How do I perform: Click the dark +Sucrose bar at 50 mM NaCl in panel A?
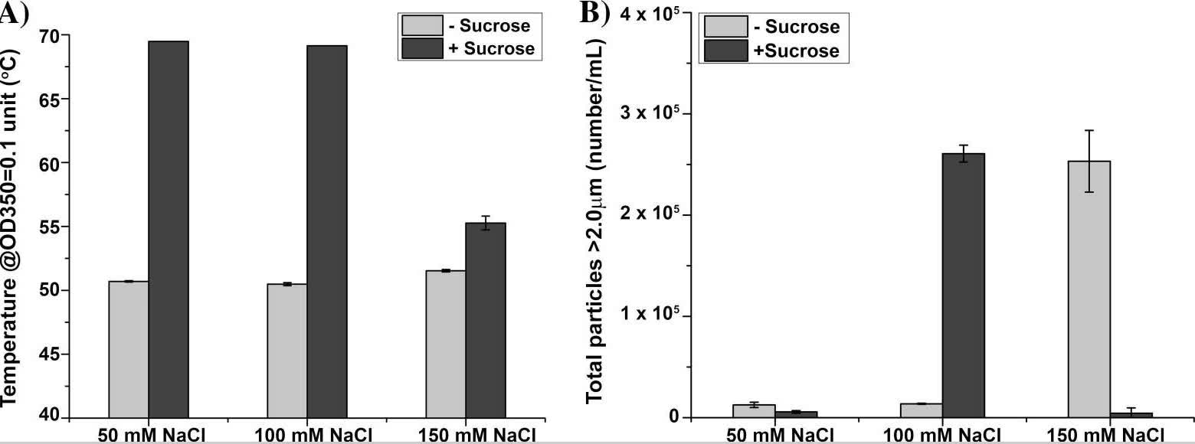coord(169,230)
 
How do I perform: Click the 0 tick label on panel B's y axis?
coord(673,417)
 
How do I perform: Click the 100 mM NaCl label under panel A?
coord(307,435)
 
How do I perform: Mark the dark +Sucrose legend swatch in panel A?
coord(422,48)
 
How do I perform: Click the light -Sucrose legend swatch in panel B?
coord(725,28)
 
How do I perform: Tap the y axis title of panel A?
coord(13,230)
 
